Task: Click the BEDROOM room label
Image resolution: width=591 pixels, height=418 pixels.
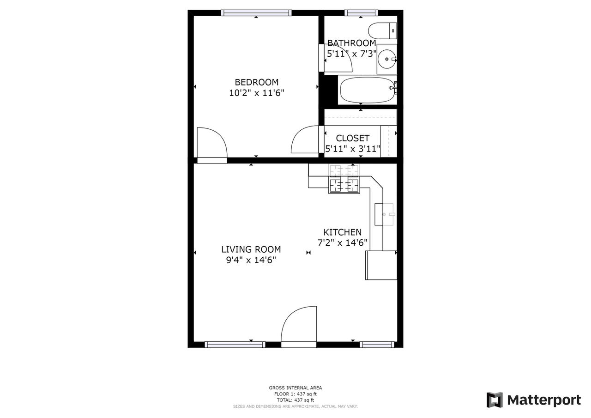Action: pyautogui.click(x=256, y=82)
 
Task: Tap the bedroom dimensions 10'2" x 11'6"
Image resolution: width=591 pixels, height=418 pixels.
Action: pyautogui.click(x=256, y=93)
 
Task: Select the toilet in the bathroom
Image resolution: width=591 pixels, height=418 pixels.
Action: pyautogui.click(x=382, y=30)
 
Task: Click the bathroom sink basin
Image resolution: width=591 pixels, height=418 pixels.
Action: pyautogui.click(x=386, y=59)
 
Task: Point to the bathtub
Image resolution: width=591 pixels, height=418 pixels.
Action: pyautogui.click(x=368, y=90)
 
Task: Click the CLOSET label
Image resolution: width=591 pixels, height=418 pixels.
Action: pyautogui.click(x=352, y=138)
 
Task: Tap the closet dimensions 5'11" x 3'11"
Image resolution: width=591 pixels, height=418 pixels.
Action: pyautogui.click(x=353, y=149)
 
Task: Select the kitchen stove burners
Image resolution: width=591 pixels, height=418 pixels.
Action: pyautogui.click(x=344, y=185)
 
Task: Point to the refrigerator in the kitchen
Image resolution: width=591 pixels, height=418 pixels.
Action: pyautogui.click(x=381, y=265)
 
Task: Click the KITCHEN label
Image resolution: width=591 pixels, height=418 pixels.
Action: pyautogui.click(x=342, y=232)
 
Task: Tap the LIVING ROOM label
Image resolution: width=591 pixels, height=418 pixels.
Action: pyautogui.click(x=251, y=249)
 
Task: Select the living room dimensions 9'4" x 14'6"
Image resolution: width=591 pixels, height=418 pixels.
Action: pyautogui.click(x=251, y=260)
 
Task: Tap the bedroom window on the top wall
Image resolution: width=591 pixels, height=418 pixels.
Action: pyautogui.click(x=256, y=13)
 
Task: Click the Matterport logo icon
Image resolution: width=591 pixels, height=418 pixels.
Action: pyautogui.click(x=495, y=400)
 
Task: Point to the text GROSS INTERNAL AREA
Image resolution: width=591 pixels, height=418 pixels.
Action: pyautogui.click(x=295, y=388)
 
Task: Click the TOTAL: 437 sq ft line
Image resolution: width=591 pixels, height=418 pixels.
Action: pyautogui.click(x=295, y=400)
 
